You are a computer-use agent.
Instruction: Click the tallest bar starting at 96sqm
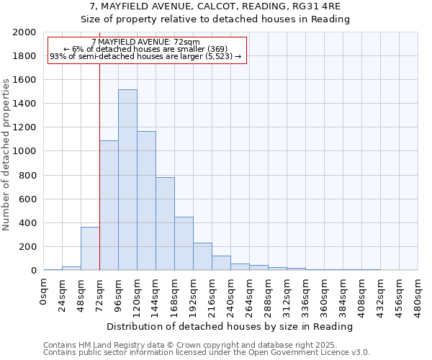click(127, 180)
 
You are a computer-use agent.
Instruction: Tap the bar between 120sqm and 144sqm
click(146, 201)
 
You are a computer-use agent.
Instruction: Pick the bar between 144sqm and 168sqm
click(165, 224)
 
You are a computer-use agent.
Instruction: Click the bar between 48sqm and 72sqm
click(90, 249)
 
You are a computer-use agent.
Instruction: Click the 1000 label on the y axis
click(24, 151)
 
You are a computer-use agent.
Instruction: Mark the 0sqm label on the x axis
click(44, 289)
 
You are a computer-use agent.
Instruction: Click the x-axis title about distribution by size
click(230, 326)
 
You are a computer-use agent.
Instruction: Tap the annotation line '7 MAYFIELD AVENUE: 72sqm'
click(146, 42)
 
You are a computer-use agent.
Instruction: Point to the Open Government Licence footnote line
click(207, 353)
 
